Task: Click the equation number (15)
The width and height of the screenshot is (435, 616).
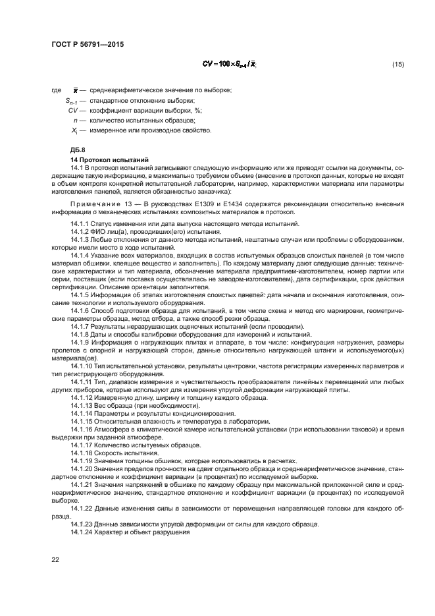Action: (397, 65)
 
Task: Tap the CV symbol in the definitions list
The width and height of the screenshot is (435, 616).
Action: (73, 110)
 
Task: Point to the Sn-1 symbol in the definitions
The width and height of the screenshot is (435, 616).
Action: (72, 100)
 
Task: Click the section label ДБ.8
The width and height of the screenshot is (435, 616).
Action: (78, 150)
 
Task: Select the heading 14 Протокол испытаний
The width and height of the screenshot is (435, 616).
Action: (109, 160)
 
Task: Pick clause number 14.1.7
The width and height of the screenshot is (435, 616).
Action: (82, 327)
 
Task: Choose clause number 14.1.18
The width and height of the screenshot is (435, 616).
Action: (84, 453)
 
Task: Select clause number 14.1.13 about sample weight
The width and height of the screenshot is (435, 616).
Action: (84, 406)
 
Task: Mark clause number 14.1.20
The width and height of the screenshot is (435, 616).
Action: (84, 468)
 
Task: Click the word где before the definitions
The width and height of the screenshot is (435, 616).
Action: (56, 90)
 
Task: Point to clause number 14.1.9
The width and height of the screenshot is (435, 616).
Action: (82, 342)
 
